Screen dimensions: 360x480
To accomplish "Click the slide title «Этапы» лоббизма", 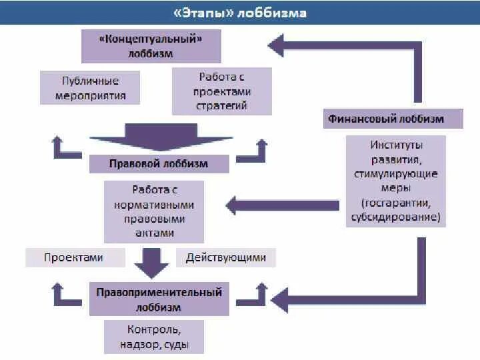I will [x=239, y=13].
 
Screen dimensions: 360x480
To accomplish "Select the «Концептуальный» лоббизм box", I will [x=151, y=45].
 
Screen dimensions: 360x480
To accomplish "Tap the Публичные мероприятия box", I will [x=90, y=88].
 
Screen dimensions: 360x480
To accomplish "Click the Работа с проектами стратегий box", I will [x=222, y=91].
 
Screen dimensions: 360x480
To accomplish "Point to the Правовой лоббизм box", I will [x=159, y=163].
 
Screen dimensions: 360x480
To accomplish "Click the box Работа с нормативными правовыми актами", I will [x=154, y=211].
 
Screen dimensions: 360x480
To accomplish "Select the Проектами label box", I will [x=75, y=257].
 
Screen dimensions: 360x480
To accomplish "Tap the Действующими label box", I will [x=226, y=257].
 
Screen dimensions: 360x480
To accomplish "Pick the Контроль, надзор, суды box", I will [x=154, y=337].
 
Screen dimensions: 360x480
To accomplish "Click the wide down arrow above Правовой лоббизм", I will [x=161, y=139].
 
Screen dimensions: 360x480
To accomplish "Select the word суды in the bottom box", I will [x=177, y=345].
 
